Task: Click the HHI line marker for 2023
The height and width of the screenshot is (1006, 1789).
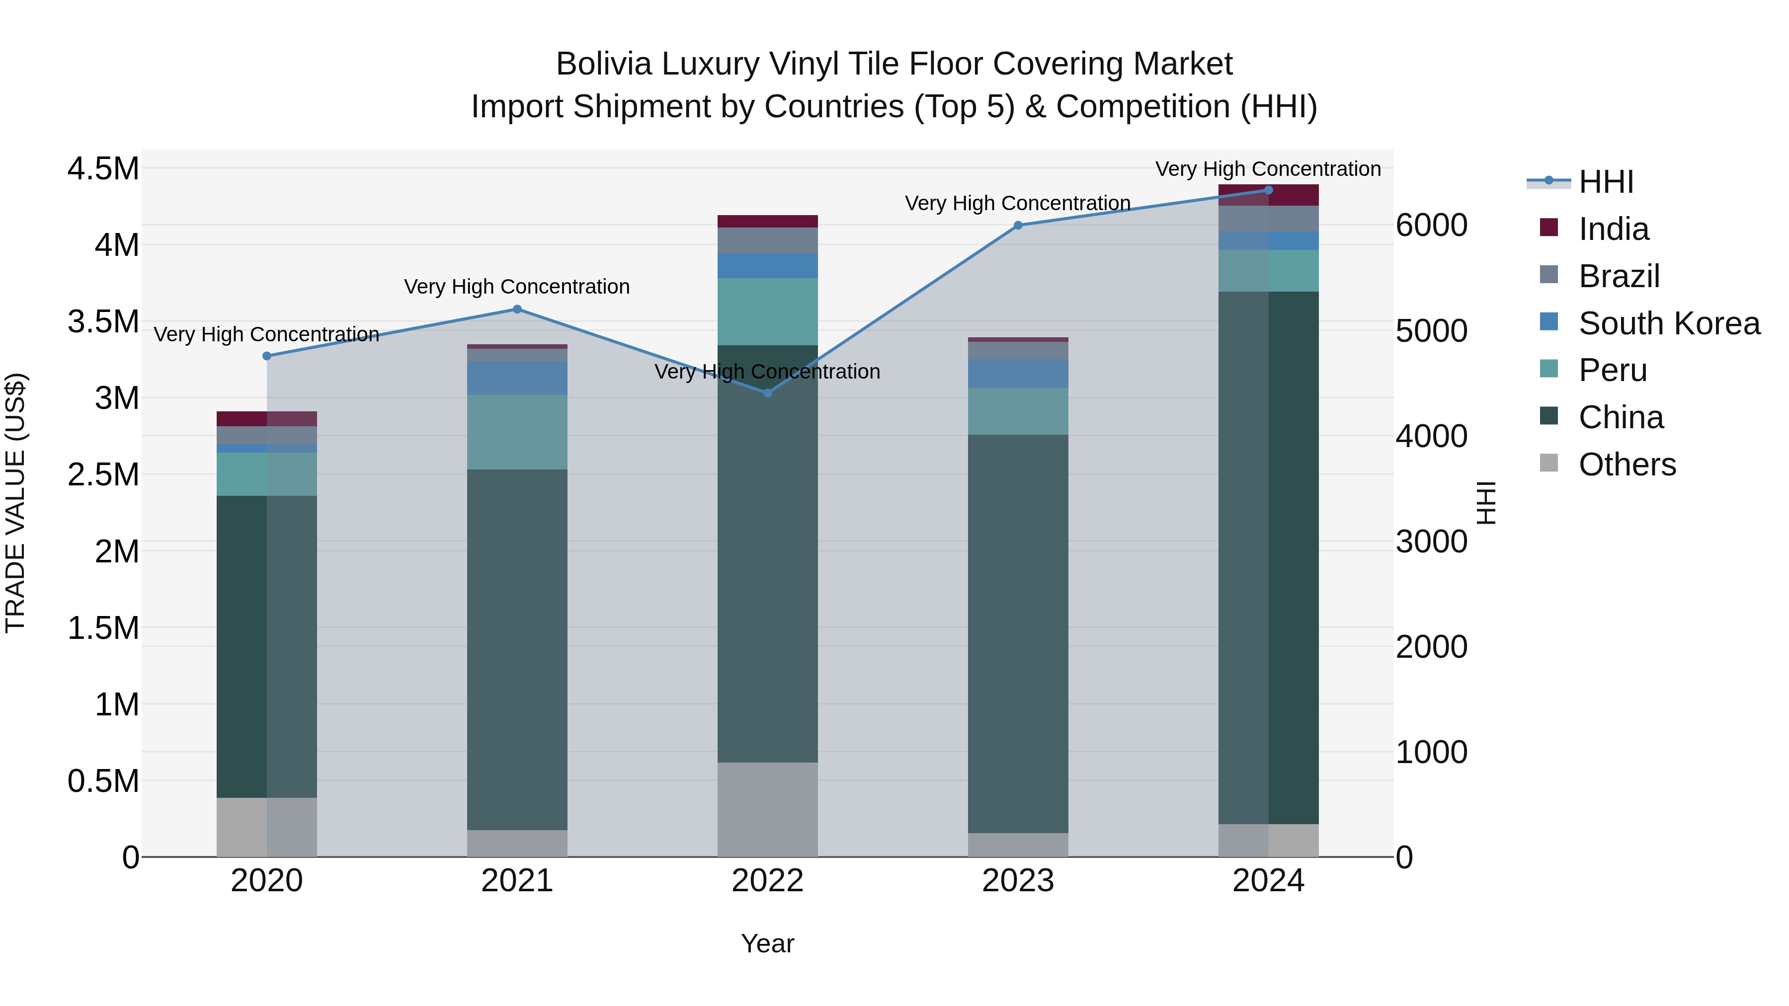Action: click(x=1018, y=225)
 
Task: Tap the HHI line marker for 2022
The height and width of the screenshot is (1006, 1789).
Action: click(x=767, y=393)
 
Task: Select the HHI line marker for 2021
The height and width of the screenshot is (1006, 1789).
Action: click(x=517, y=309)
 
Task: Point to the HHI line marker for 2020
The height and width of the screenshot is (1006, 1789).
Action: click(x=267, y=356)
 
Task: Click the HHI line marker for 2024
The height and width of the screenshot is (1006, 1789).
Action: click(x=1268, y=190)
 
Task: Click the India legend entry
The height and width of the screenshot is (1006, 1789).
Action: click(x=1613, y=229)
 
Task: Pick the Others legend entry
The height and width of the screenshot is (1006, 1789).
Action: click(x=1627, y=464)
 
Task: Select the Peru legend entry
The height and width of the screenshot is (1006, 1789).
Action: click(x=1613, y=370)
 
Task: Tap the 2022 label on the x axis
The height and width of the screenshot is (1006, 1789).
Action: click(x=767, y=881)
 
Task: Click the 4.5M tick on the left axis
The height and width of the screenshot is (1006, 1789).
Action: click(x=103, y=169)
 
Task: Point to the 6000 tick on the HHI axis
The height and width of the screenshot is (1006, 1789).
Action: click(x=1432, y=226)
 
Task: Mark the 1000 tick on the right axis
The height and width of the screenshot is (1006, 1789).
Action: click(x=1432, y=752)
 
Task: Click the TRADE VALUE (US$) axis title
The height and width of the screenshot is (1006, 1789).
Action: click(x=15, y=503)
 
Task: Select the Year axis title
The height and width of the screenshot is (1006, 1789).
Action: click(x=767, y=943)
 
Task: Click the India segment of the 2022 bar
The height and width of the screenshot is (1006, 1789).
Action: click(x=767, y=222)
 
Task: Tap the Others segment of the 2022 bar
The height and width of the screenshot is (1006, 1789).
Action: click(x=767, y=810)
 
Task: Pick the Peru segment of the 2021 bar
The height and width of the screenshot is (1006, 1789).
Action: click(x=517, y=432)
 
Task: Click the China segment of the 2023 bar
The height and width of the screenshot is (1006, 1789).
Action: click(x=1018, y=633)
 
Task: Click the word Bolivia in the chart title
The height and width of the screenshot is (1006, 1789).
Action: click(x=603, y=65)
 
